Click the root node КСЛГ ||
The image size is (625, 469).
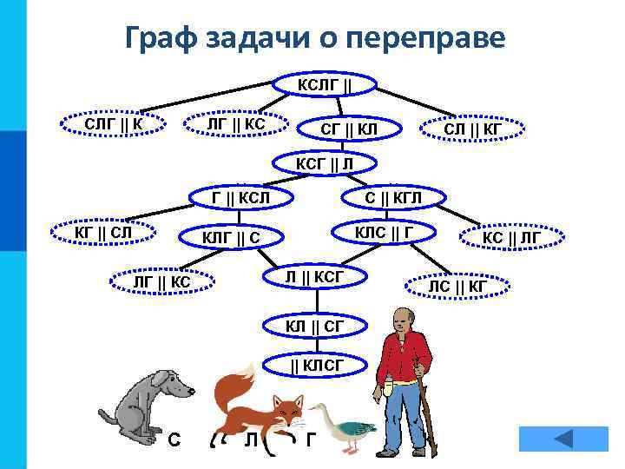pyautogui.click(x=325, y=84)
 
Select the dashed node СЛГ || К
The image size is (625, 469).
pyautogui.click(x=112, y=123)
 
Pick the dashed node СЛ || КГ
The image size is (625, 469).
pyautogui.click(x=472, y=129)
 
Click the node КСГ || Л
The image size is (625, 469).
pyautogui.click(x=324, y=162)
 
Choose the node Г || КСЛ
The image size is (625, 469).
pyautogui.click(x=241, y=197)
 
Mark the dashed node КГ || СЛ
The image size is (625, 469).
pyautogui.click(x=103, y=233)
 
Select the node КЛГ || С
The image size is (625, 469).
pyautogui.click(x=231, y=238)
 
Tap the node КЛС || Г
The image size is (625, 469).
pyautogui.click(x=383, y=233)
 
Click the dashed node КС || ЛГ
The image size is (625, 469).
pyautogui.click(x=512, y=236)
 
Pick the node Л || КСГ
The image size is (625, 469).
pyautogui.click(x=316, y=276)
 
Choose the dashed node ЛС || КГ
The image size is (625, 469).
pyautogui.click(x=457, y=286)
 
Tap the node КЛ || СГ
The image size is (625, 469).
pyautogui.click(x=315, y=326)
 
